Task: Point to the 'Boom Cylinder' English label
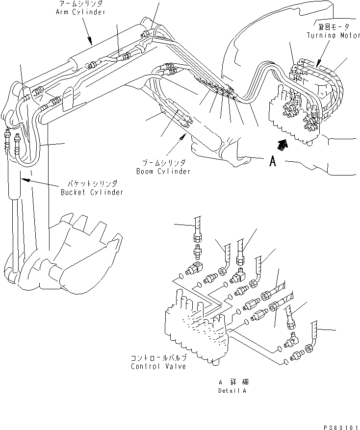tap(163, 172)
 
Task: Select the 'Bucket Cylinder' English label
tap(92, 192)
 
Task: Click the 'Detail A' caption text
tap(232, 391)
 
